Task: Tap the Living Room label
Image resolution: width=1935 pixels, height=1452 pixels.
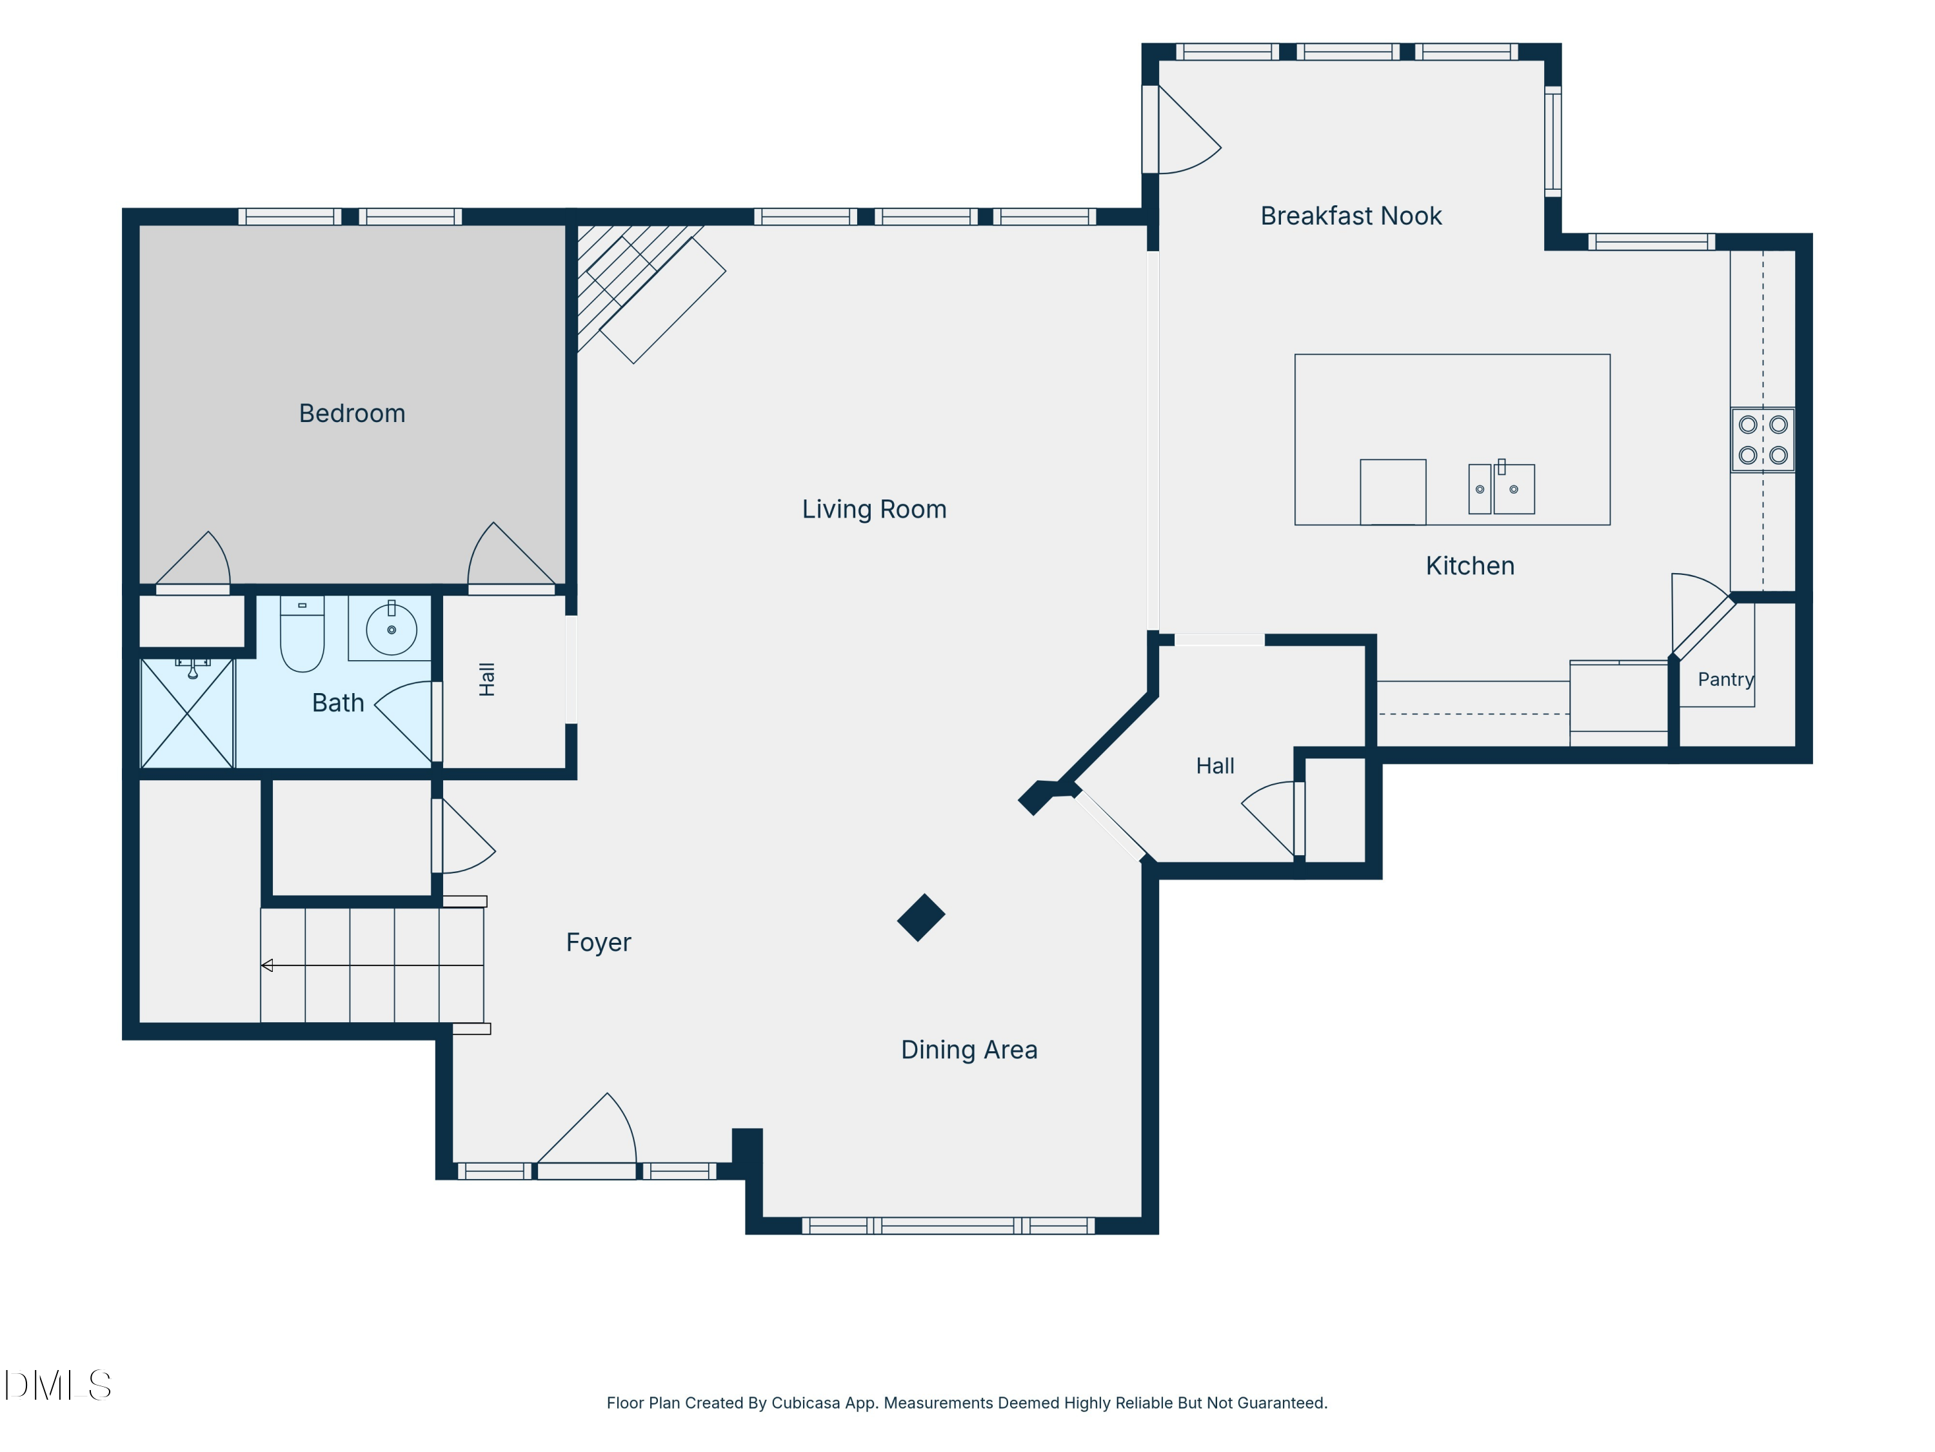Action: point(874,509)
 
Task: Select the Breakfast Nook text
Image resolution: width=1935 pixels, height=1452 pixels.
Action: point(1351,216)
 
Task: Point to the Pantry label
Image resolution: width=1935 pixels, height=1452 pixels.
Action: point(1726,679)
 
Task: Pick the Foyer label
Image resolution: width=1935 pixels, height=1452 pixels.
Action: point(599,943)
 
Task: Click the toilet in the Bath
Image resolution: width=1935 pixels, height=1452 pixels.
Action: point(302,634)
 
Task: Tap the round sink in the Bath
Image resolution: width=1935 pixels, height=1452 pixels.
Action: point(391,629)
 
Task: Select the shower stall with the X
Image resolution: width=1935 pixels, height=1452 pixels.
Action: point(187,713)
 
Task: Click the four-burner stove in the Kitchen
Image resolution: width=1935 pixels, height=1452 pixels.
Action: point(1763,440)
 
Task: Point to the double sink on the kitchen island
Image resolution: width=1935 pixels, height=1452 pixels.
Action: point(1501,489)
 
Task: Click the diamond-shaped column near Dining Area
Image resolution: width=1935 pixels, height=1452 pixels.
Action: point(921,917)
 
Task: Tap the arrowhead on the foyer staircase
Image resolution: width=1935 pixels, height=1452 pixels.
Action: point(267,965)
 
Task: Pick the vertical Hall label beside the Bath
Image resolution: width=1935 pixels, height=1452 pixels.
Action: point(487,679)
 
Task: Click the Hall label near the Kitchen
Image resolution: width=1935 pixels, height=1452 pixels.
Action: point(1215,766)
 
